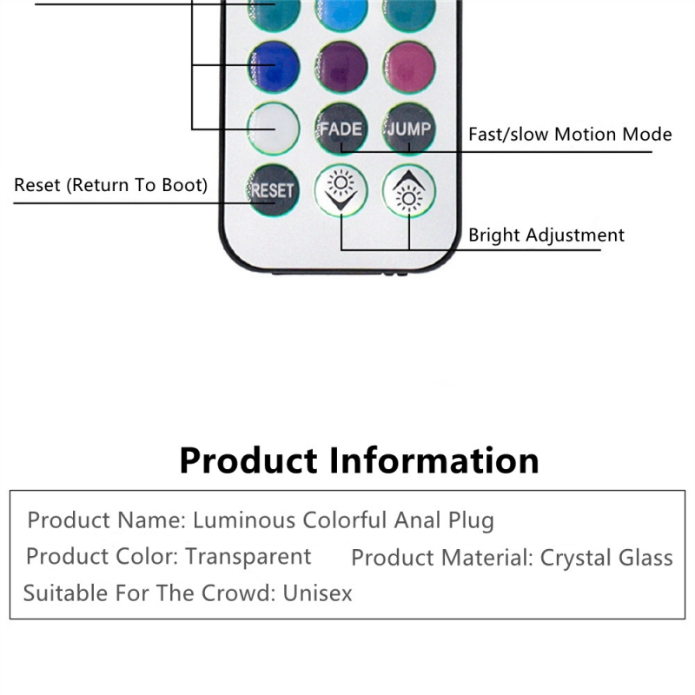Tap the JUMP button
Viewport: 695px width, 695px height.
tap(409, 129)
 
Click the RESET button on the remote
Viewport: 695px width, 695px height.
tap(273, 190)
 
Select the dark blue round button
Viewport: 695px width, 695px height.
tap(274, 67)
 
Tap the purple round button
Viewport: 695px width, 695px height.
tap(341, 67)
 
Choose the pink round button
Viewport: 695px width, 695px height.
tap(409, 67)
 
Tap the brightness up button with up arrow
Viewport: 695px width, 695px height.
tap(409, 190)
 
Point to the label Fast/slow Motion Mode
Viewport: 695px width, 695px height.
tap(570, 135)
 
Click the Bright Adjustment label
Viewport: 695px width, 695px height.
tap(546, 235)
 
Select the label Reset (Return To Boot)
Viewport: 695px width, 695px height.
tap(111, 185)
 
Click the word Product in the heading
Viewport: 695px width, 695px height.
tap(248, 461)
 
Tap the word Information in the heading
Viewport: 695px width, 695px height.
tap(434, 461)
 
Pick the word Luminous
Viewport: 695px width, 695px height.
tap(244, 520)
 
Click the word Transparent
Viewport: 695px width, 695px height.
tap(248, 557)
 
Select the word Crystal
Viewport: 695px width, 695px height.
tap(576, 559)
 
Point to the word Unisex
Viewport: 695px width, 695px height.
tap(317, 593)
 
